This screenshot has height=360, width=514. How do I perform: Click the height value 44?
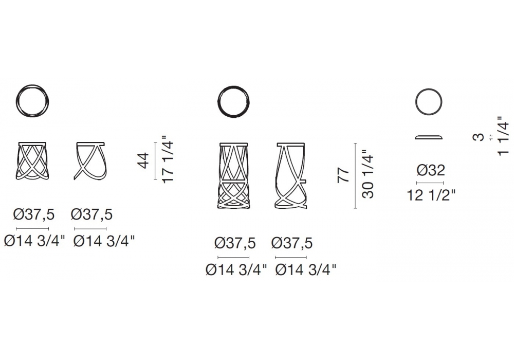(x=144, y=160)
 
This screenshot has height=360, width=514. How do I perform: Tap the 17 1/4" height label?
(x=168, y=159)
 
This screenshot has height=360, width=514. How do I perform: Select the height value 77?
(x=343, y=175)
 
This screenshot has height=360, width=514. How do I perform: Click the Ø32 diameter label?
(x=431, y=170)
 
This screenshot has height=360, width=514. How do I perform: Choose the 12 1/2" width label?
(x=431, y=196)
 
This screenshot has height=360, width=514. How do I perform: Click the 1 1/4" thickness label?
(x=503, y=136)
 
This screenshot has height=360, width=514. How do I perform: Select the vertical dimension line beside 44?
(x=155, y=161)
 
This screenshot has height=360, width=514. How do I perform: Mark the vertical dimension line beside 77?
(x=355, y=176)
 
